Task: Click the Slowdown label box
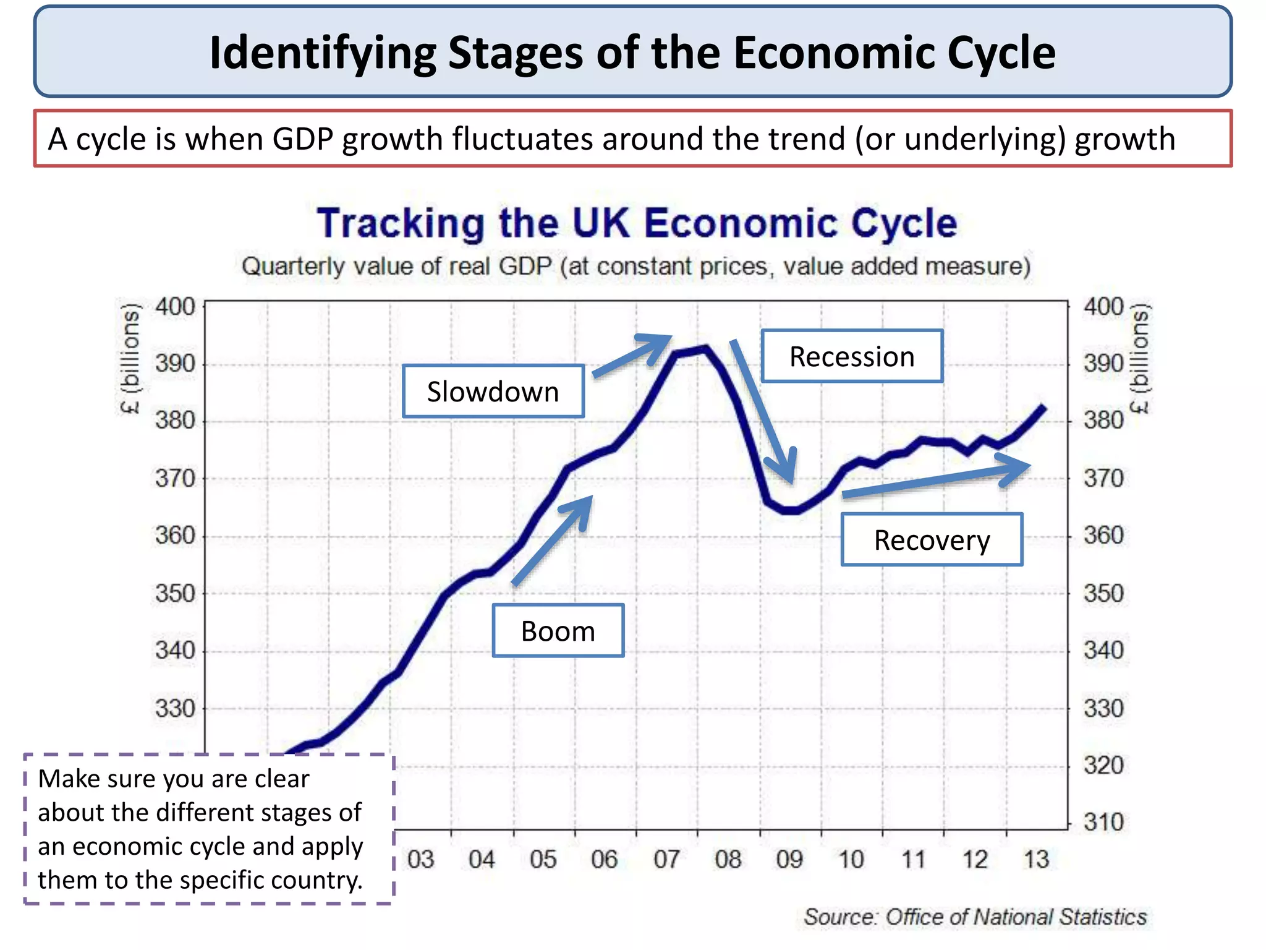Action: pos(493,392)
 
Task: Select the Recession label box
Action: pos(851,356)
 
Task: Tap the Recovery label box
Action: pos(931,539)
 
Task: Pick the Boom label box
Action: pos(558,631)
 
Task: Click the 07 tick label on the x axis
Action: pos(666,859)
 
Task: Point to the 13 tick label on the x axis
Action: pos(1036,859)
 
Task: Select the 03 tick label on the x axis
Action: pos(420,859)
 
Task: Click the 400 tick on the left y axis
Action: pos(175,307)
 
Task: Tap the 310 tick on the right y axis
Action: pos(1103,822)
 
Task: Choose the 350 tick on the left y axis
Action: pos(175,593)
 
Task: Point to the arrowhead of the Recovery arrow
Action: pos(1020,467)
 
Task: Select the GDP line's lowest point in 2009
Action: pos(791,511)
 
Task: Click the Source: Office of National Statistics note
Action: pos(975,916)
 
